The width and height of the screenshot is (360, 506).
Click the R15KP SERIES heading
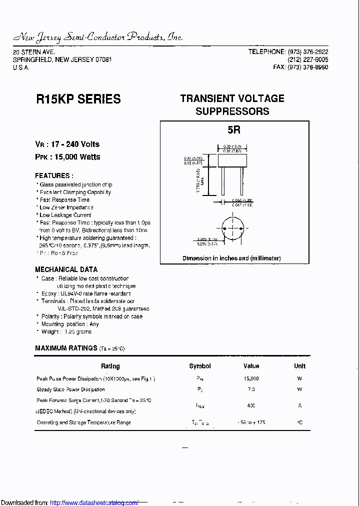click(78, 99)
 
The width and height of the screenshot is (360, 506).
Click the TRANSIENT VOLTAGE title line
click(232, 98)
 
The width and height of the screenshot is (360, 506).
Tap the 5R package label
click(233, 130)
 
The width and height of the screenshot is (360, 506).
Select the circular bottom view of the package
click(231, 228)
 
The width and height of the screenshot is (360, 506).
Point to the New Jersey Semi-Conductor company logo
click(98, 37)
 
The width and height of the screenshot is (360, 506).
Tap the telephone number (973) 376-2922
click(307, 52)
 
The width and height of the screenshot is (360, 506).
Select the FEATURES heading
click(54, 175)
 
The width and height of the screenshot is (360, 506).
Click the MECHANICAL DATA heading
click(66, 269)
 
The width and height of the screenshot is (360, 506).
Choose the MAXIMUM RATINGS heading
click(66, 348)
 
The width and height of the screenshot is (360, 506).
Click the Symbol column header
click(200, 366)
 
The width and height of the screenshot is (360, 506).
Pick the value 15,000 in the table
click(251, 378)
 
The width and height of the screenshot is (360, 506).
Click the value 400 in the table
click(251, 405)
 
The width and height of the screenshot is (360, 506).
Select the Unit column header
click(299, 366)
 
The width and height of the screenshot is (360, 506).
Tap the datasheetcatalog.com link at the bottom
click(94, 502)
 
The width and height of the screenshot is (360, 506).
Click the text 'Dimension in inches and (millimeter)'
click(231, 258)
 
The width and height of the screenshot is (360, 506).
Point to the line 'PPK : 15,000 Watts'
click(67, 157)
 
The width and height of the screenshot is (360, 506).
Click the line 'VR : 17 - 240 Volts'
click(67, 144)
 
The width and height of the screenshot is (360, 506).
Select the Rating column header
click(110, 366)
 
